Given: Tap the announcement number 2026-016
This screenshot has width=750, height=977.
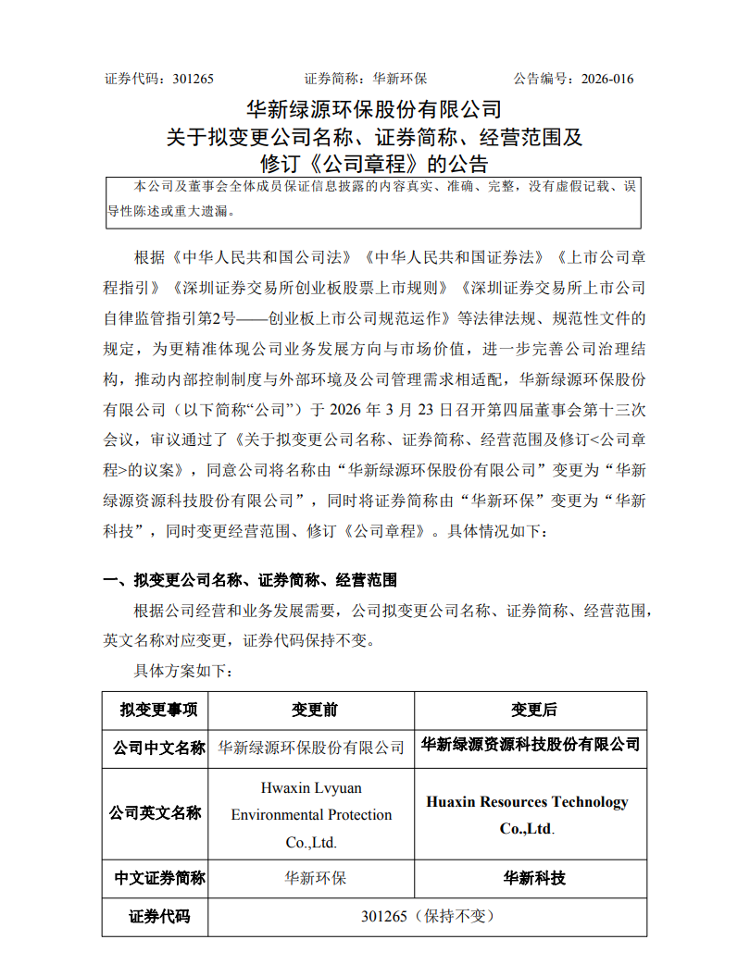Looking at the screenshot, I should pos(607,79).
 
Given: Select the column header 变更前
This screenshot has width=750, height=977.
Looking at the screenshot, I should pos(311,710).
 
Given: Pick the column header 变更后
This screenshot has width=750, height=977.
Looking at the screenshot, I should pos(531,710).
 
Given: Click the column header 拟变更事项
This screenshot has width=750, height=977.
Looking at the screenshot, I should pos(156,710).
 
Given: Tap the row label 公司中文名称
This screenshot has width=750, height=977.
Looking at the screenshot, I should pos(156,747).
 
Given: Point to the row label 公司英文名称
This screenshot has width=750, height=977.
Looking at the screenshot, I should pos(156,813).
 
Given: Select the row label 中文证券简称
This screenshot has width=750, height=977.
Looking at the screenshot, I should pos(156,878).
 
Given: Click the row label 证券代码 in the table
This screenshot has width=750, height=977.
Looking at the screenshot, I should pos(156,917).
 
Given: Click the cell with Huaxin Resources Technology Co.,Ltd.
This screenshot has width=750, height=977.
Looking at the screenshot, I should pos(527,814).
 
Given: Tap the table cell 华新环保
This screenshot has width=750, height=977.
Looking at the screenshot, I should pos(311,878).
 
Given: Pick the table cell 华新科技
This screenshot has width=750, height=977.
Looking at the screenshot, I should pos(531,878).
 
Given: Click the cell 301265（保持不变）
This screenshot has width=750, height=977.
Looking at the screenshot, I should pos(427,917).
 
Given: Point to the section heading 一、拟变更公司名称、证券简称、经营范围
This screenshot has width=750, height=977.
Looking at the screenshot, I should pos(250,580).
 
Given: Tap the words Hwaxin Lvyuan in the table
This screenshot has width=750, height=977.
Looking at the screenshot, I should pos(311,787).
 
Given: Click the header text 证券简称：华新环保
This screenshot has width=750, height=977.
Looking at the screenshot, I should pos(366,79).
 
